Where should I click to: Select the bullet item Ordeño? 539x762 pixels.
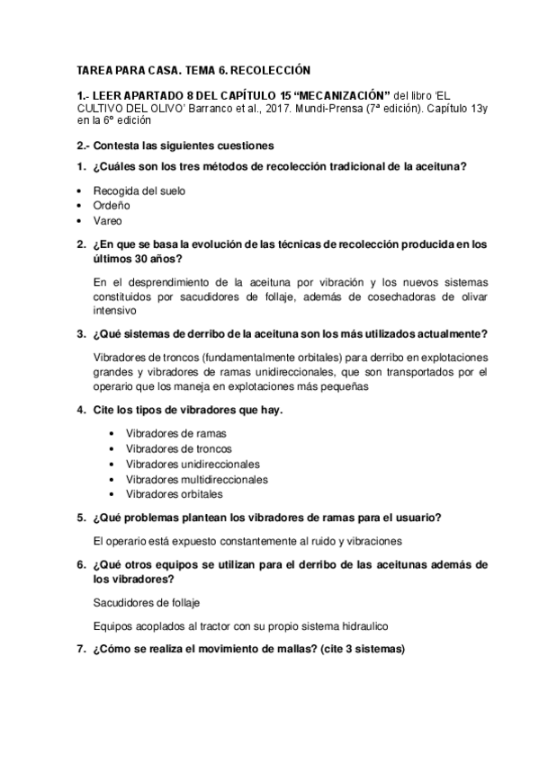[x=108, y=206]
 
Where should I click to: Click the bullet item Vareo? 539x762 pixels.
[x=106, y=220]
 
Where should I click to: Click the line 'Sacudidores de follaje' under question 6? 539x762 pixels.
[x=146, y=601]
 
